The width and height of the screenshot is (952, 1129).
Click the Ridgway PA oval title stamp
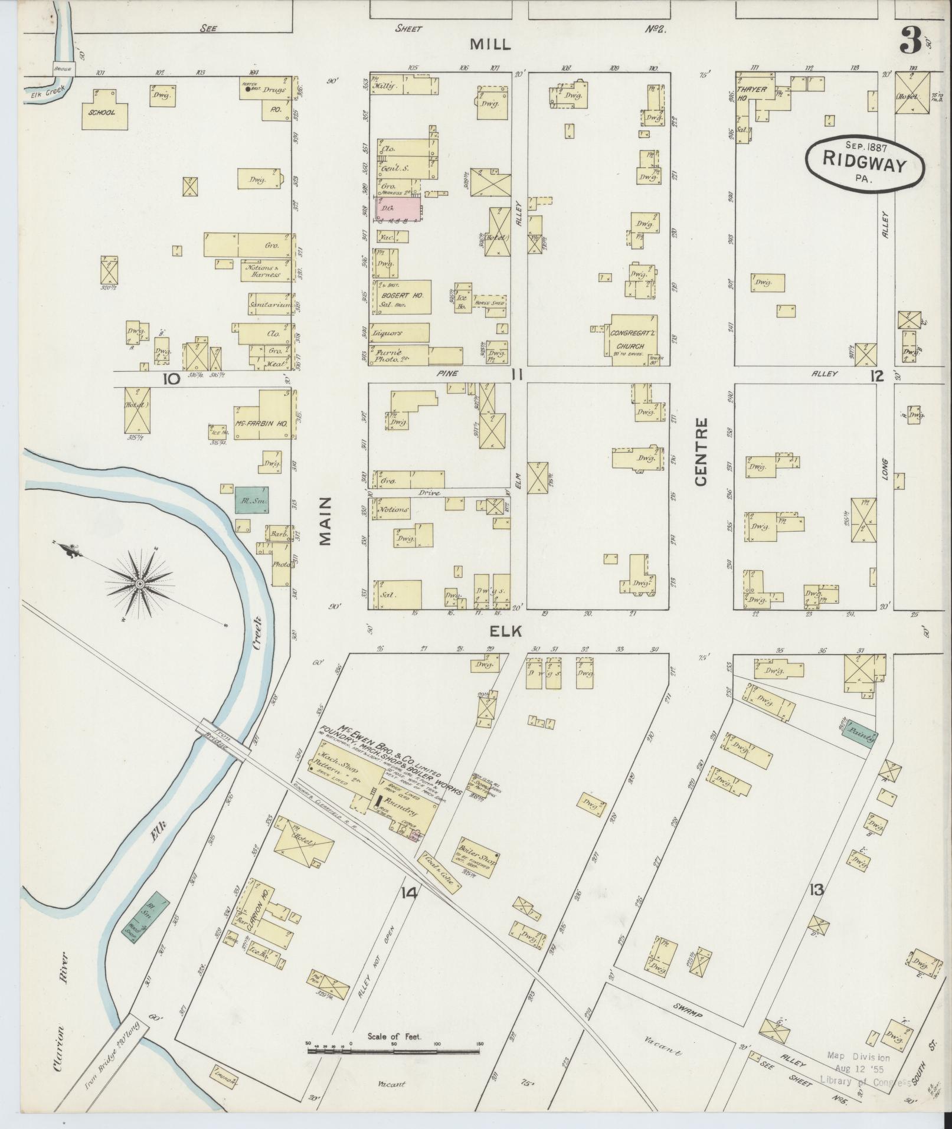pos(865,165)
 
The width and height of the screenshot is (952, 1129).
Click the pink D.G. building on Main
pos(398,210)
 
